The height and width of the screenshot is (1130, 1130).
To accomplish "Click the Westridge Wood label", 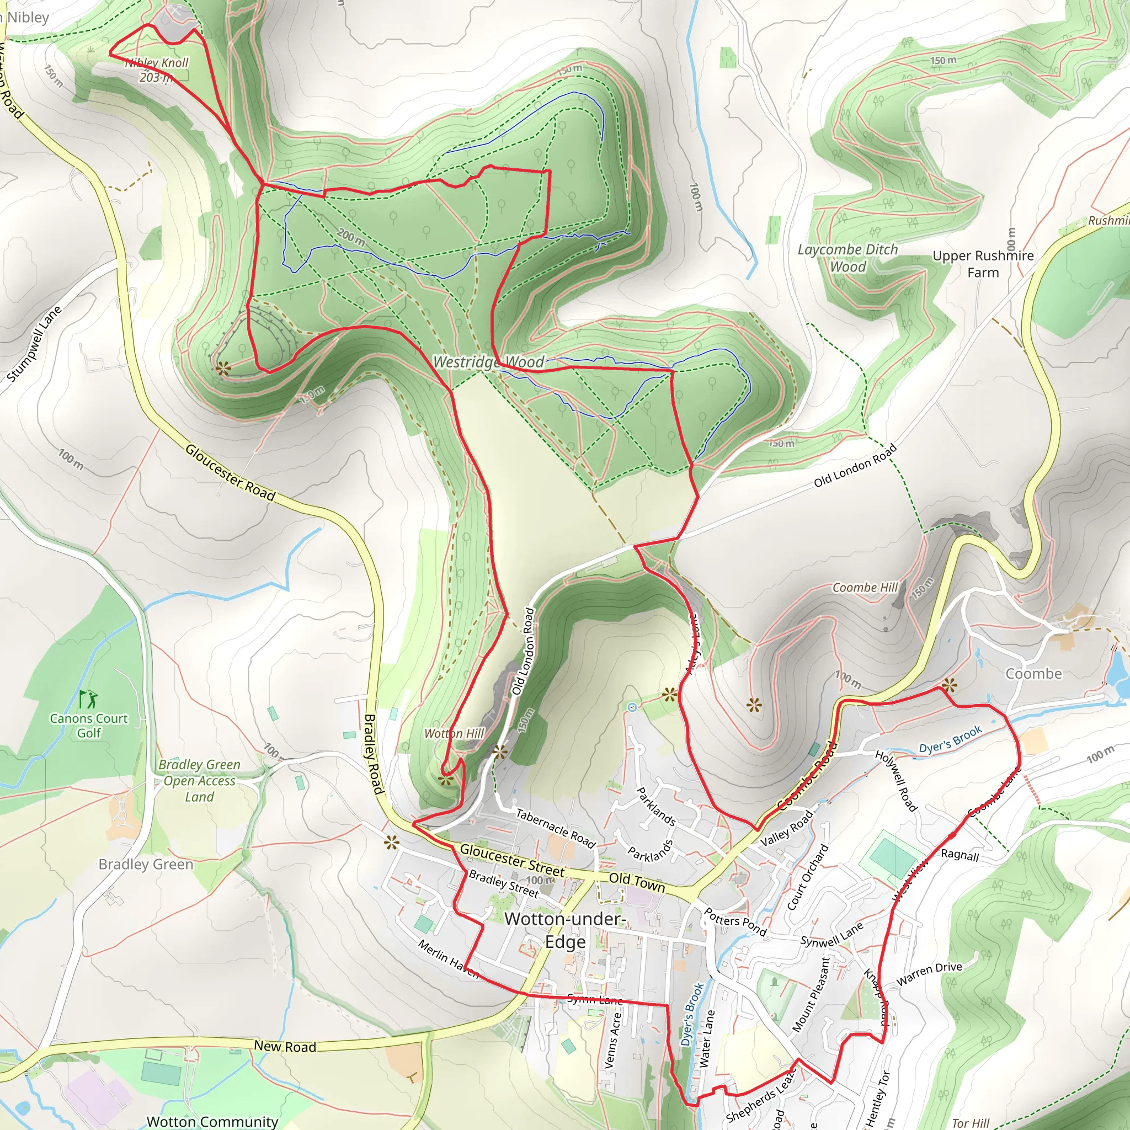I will tap(488, 362).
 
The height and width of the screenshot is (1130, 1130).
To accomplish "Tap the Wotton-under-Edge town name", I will tap(565, 930).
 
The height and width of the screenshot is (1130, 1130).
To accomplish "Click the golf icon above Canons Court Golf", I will tap(88, 699).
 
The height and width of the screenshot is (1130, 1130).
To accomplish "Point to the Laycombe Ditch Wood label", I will tap(847, 258).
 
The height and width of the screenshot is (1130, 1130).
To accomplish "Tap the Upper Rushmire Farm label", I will tap(983, 264).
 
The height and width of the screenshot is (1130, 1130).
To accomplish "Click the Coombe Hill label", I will tap(865, 587).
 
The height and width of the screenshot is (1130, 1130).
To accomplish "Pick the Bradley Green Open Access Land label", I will tap(199, 781).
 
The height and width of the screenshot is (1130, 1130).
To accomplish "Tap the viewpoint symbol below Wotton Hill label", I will tap(446, 779).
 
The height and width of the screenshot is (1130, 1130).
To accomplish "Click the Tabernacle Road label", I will tap(555, 828).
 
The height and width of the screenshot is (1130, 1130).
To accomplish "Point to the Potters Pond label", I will tap(734, 921).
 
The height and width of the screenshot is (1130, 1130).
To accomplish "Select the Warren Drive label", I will tap(929, 973).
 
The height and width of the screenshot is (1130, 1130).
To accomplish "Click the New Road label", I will tap(285, 1046).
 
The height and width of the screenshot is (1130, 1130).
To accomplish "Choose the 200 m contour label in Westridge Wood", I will tap(351, 237).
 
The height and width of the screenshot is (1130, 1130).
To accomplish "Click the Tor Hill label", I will tap(971, 1122).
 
